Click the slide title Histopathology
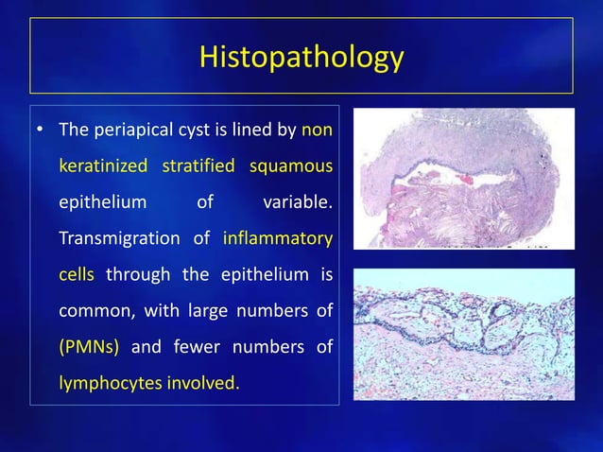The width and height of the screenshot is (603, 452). point(301,57)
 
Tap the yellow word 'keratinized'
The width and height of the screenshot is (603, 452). point(103,166)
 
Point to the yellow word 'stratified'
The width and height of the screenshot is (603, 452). point(198,166)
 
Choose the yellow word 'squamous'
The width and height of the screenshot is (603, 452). point(290,166)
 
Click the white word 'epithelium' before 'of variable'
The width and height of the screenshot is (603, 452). point(103,201)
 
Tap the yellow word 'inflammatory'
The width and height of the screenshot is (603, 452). point(278,238)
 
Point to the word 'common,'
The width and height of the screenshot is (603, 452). point(95,311)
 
